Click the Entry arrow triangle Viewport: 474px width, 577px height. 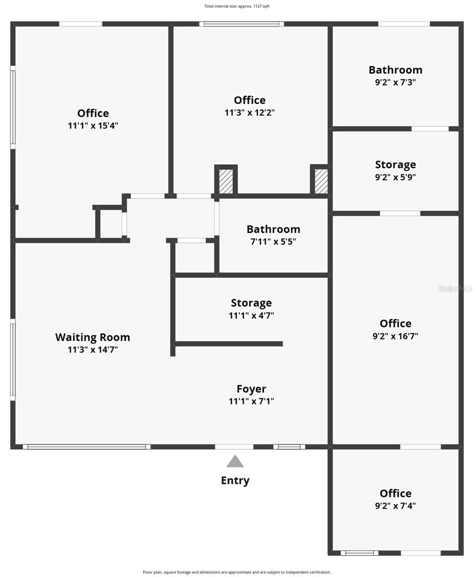pyautogui.click(x=235, y=462)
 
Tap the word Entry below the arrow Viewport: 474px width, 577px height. pyautogui.click(x=235, y=480)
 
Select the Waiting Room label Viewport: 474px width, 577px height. pyautogui.click(x=93, y=337)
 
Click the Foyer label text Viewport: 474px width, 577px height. pyautogui.click(x=251, y=389)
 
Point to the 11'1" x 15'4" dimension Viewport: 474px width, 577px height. pyautogui.click(x=93, y=125)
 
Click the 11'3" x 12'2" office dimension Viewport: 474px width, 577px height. pyautogui.click(x=250, y=113)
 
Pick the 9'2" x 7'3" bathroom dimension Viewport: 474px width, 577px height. pyautogui.click(x=395, y=82)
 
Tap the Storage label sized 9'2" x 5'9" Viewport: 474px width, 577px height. pyautogui.click(x=395, y=164)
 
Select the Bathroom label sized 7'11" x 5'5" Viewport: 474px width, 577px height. pyautogui.click(x=273, y=229)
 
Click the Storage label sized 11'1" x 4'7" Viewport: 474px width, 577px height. pyautogui.click(x=251, y=302)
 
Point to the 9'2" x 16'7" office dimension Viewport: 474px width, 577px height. pyautogui.click(x=395, y=336)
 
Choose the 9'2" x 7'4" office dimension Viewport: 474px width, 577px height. pyautogui.click(x=395, y=506)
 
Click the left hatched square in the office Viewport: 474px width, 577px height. pyautogui.click(x=226, y=181)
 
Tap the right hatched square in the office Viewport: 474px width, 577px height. pyautogui.click(x=321, y=181)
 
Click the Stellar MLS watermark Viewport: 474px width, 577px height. pyautogui.click(x=455, y=288)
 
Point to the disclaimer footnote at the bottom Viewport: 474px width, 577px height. pyautogui.click(x=237, y=572)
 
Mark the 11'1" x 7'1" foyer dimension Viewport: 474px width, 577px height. pyautogui.click(x=251, y=401)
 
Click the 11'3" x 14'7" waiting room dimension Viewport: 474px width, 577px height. pyautogui.click(x=93, y=350)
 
